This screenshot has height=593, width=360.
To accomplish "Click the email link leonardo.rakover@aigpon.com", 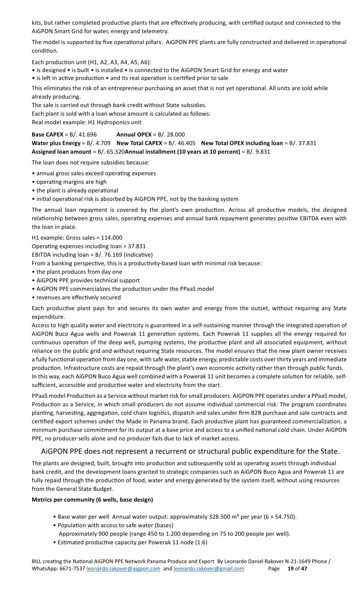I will pyautogui.click(x=123, y=568).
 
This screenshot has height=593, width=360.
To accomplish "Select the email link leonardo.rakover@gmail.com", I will pyautogui.click(x=209, y=568).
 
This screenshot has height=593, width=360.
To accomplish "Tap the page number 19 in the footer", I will pyautogui.click(x=291, y=568).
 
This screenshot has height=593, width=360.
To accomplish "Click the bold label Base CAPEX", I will pyautogui.click(x=47, y=135).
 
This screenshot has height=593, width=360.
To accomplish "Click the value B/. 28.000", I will pyautogui.click(x=171, y=135).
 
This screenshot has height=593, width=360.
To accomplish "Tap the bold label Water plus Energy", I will pyautogui.click(x=56, y=143).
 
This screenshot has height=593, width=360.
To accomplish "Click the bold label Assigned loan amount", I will pyautogui.click(x=61, y=152).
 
